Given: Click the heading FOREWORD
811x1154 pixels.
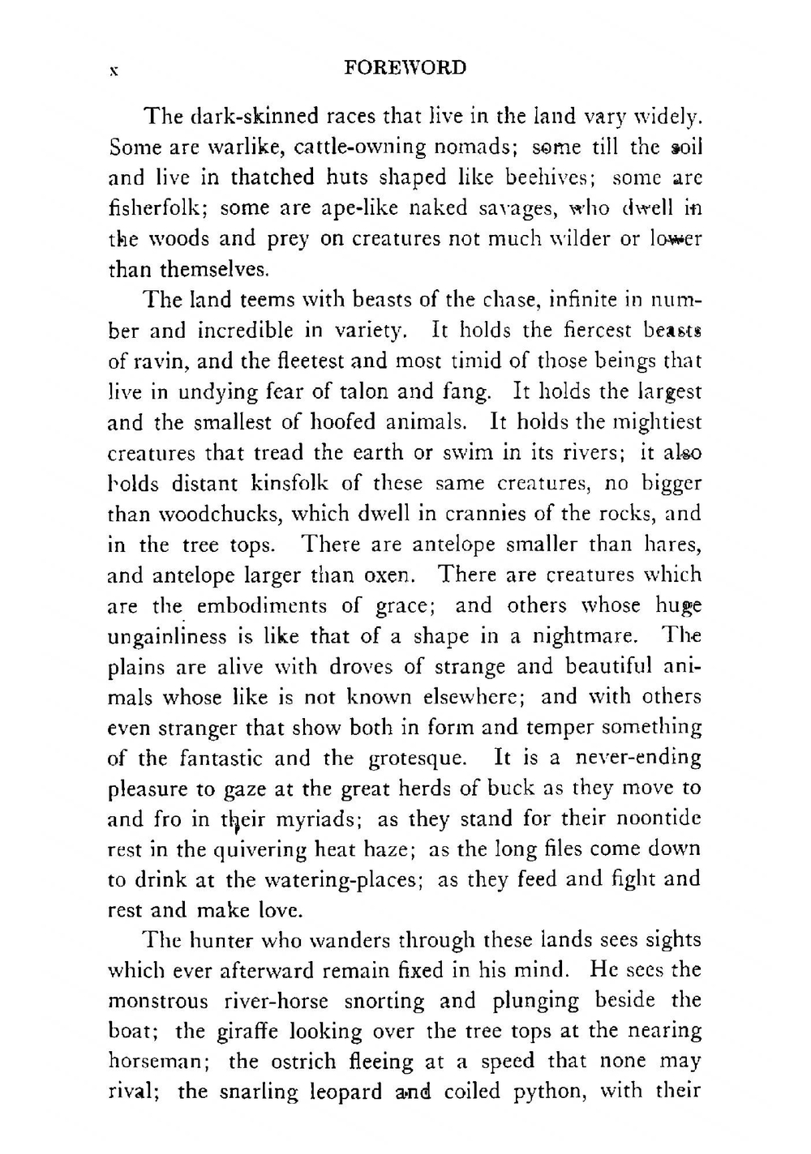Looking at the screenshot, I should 405,68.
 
